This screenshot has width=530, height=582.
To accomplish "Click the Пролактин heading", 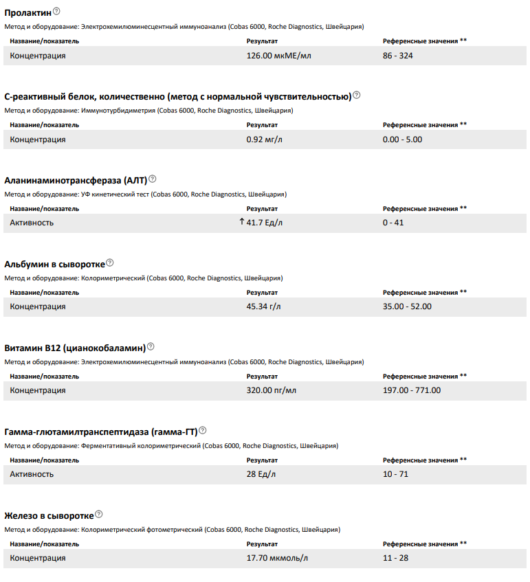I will click(x=27, y=12).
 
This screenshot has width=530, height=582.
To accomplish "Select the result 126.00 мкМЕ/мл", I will click(x=278, y=56).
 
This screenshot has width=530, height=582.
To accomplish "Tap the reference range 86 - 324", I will click(x=398, y=56).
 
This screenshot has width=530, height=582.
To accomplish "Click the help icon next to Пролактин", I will click(x=56, y=11).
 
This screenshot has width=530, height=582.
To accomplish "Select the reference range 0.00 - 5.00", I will click(x=402, y=139).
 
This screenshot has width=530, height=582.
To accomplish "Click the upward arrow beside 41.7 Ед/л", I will click(x=241, y=222).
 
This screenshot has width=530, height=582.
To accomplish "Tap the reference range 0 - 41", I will click(x=393, y=223).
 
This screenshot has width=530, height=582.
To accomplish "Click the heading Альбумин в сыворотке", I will click(x=54, y=263).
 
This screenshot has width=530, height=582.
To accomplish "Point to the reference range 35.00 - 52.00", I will click(x=407, y=306).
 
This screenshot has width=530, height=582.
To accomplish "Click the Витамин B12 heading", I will click(x=74, y=347).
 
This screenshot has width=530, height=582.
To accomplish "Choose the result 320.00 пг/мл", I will click(x=272, y=390).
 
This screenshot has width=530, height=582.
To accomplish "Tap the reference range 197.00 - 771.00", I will click(x=412, y=390).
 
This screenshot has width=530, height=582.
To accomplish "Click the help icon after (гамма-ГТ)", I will click(x=202, y=430).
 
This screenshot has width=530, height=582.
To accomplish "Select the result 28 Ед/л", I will click(x=261, y=474).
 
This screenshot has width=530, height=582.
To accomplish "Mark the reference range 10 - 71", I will click(x=395, y=474).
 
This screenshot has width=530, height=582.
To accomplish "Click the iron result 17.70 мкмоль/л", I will click(x=276, y=558).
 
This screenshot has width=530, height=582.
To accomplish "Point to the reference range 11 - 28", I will click(x=395, y=558).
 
